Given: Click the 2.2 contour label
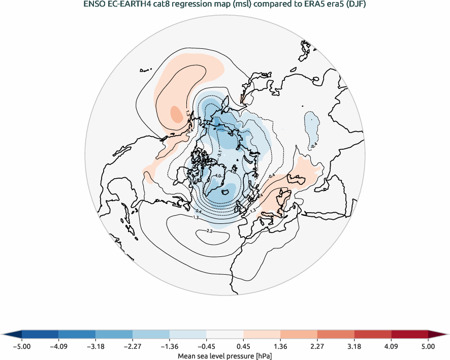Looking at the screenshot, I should pos(209,231).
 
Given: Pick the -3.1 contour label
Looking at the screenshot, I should pos(219,152).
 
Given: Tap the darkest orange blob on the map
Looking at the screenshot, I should pos(176,113).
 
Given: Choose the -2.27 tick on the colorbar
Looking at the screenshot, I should pos(133,347).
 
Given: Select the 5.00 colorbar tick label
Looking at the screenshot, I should pos(428,347).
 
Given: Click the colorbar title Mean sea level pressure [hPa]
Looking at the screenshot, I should pos(225,356).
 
